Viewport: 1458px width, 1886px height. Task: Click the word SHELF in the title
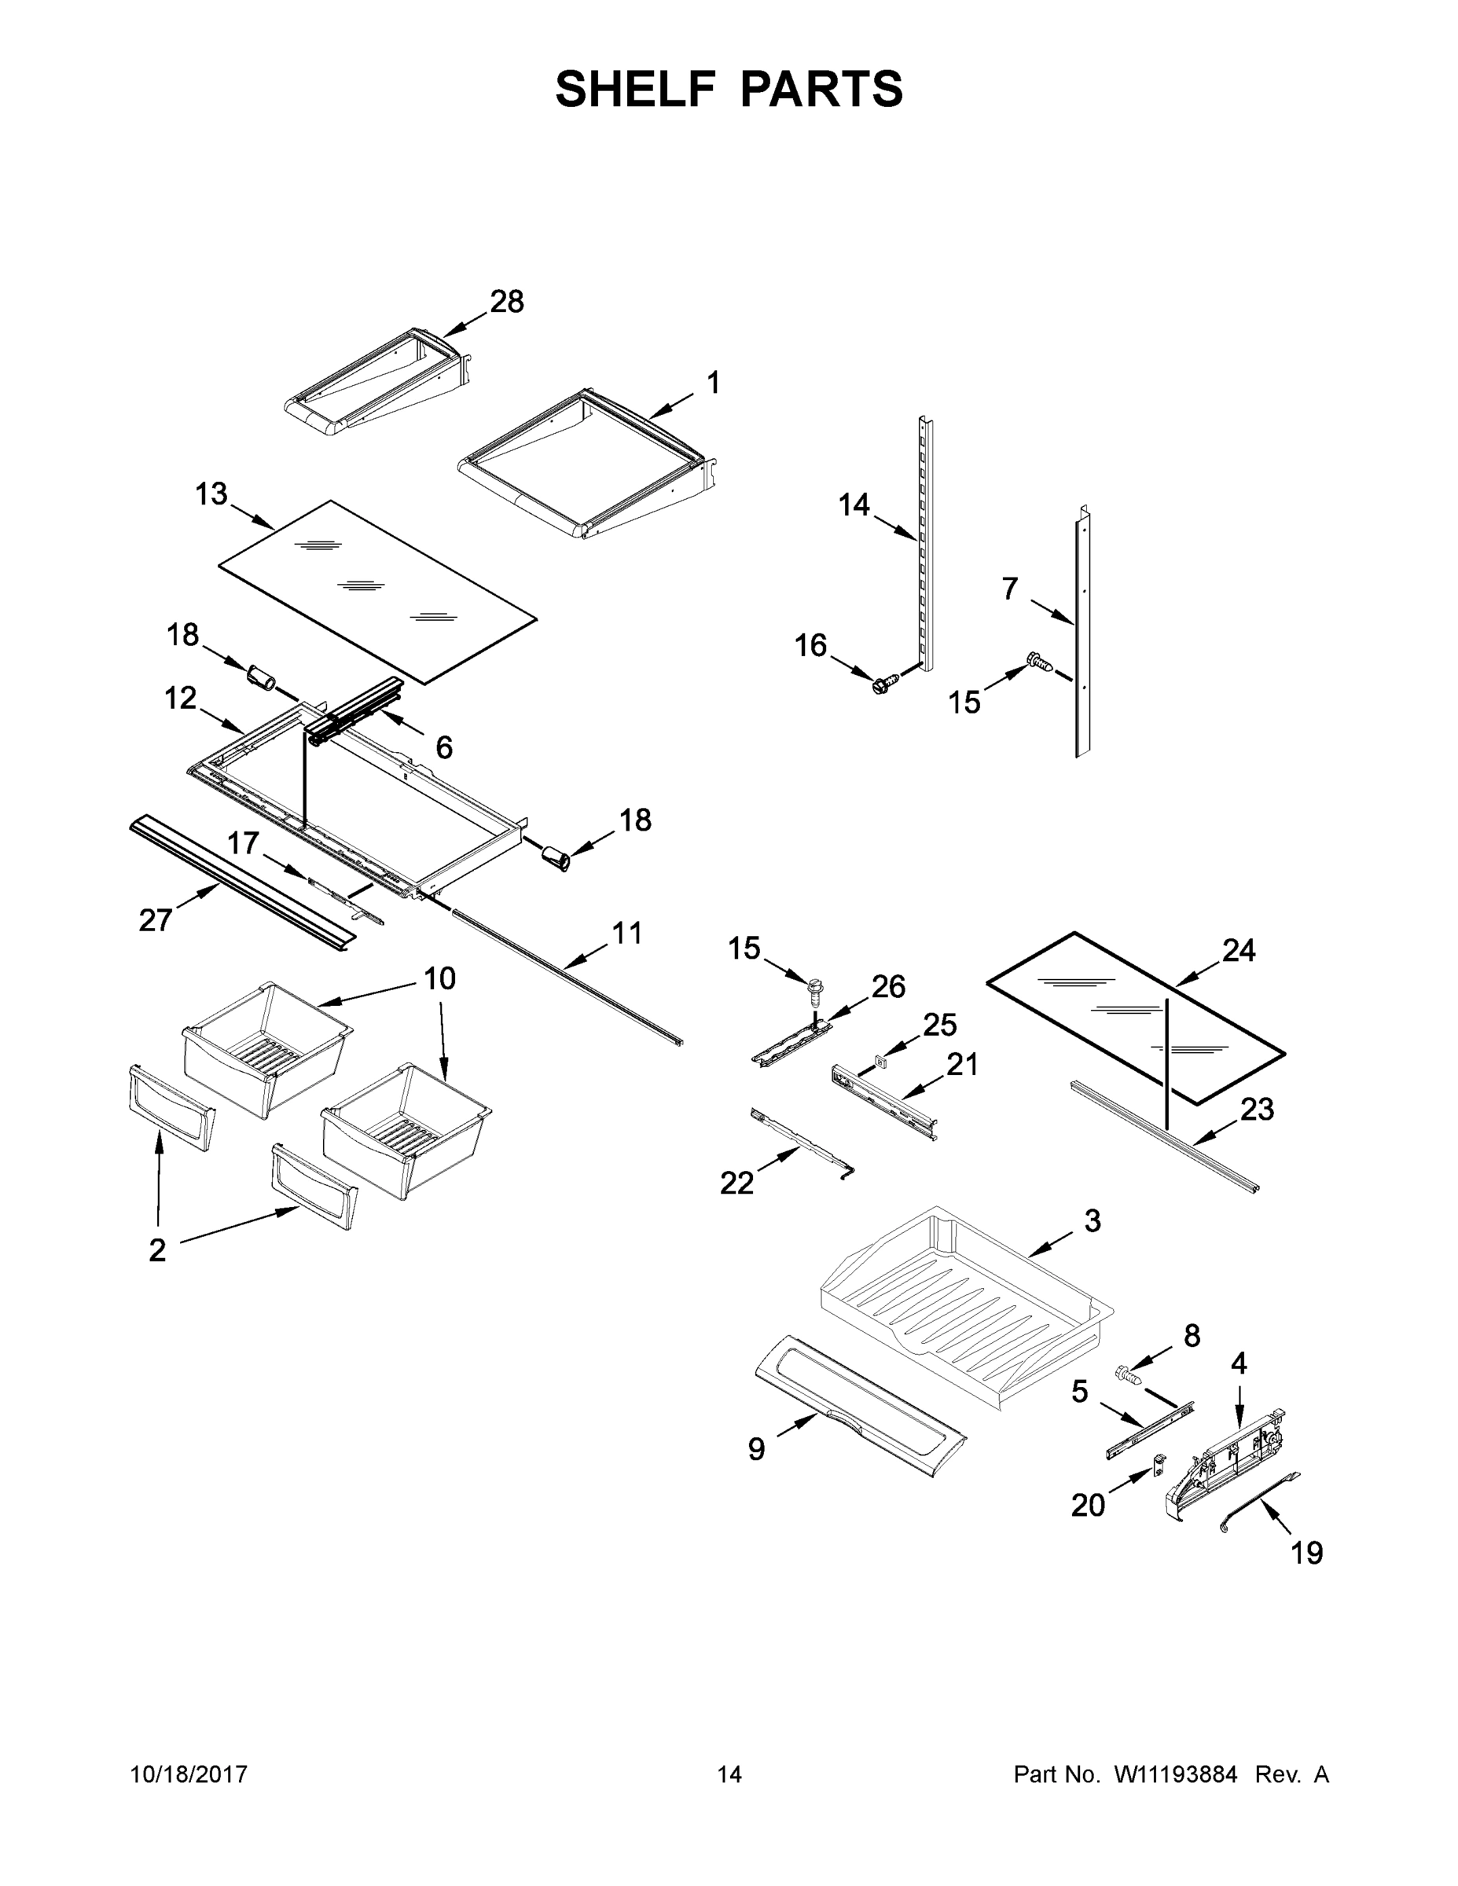636,89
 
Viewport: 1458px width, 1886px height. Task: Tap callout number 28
507,302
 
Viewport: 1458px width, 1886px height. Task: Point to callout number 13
211,495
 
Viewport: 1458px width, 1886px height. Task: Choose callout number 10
439,978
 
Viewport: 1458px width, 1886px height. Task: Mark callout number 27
156,920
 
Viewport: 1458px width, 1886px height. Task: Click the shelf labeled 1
587,462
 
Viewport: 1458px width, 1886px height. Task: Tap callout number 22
736,1183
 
